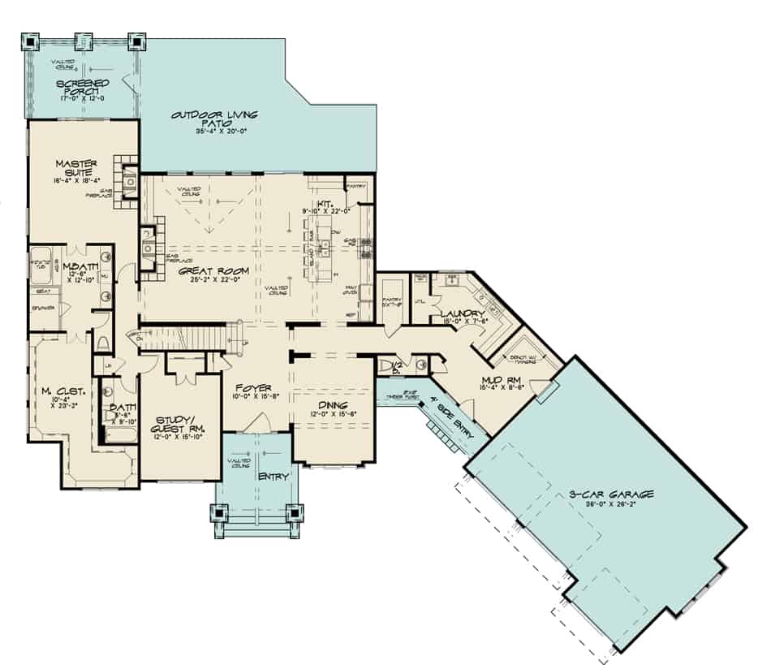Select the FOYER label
254,388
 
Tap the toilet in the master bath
103,343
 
